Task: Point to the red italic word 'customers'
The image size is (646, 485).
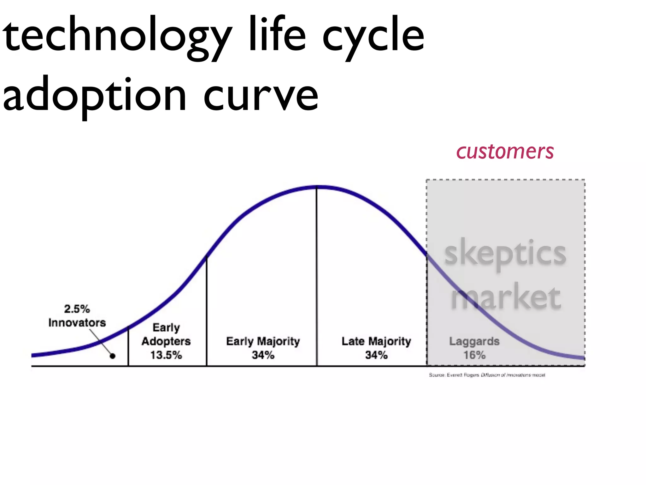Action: (505, 152)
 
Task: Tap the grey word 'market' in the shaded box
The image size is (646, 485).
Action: (506, 297)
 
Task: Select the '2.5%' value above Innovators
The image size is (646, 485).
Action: (77, 309)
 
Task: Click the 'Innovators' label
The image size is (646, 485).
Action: (77, 323)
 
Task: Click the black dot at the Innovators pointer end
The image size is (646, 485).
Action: (113, 356)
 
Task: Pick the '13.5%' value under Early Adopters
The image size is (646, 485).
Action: (166, 355)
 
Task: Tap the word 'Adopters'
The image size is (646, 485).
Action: (166, 341)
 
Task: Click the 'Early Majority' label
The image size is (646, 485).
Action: (263, 341)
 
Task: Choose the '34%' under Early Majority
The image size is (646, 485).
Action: (263, 355)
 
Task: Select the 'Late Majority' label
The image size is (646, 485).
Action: (376, 341)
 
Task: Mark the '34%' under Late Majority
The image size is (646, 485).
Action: (376, 355)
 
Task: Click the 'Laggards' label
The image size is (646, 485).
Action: (474, 341)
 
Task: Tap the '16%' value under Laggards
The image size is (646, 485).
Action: (474, 355)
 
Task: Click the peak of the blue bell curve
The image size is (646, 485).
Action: (317, 187)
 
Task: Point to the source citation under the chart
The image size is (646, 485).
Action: (487, 375)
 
